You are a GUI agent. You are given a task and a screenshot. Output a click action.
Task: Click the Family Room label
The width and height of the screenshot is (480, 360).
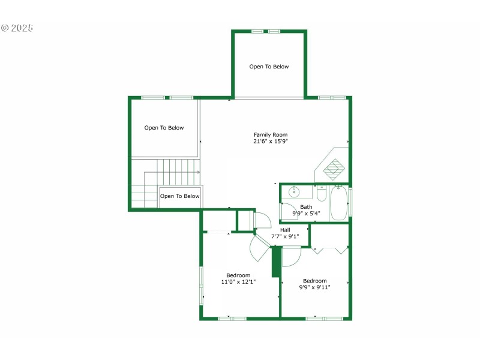click(271, 135)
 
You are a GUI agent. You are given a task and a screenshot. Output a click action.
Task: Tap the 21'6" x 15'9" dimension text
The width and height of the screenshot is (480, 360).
click(271, 142)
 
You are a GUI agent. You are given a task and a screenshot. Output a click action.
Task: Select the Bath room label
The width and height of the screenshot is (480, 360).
click(306, 207)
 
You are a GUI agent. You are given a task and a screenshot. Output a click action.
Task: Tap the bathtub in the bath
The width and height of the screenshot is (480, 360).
click(338, 202)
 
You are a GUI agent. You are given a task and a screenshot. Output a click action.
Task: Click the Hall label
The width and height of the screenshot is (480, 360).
click(285, 230)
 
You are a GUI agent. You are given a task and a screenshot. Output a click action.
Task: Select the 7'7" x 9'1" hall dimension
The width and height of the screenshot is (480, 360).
click(285, 236)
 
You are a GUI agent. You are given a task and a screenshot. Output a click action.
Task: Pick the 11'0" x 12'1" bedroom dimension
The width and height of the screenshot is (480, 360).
click(238, 282)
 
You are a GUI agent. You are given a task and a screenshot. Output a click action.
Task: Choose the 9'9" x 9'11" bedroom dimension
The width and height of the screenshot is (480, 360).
click(314, 287)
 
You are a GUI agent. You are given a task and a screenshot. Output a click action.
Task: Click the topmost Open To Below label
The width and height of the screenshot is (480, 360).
click(269, 67)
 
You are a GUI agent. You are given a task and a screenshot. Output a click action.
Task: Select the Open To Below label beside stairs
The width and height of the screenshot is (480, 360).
click(180, 196)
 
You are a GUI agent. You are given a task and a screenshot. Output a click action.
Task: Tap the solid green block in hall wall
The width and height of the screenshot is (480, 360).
click(276, 262)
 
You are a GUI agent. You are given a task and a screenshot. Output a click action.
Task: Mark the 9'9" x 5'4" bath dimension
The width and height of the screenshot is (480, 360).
click(306, 214)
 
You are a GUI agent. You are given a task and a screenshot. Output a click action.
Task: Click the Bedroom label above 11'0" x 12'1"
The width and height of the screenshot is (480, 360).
click(238, 275)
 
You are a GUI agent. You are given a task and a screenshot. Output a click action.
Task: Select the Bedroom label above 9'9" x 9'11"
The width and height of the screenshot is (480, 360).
click(314, 281)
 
